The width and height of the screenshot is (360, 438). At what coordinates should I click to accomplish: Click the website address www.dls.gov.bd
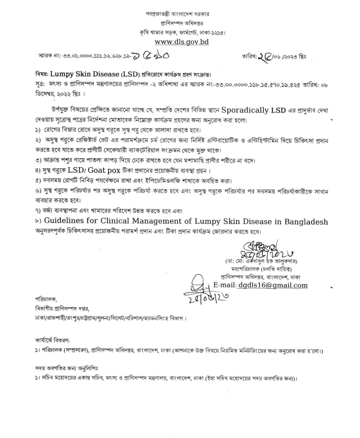click(179, 41)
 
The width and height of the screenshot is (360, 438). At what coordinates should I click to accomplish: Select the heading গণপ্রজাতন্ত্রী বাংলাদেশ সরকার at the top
click(179, 13)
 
